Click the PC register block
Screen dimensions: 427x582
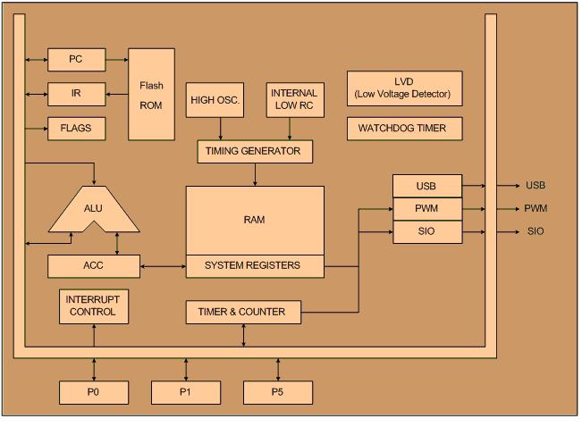76,60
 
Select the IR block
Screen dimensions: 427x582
76,93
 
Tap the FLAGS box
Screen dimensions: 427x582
76,128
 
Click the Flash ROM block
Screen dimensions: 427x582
151,93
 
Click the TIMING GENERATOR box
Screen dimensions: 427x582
255,152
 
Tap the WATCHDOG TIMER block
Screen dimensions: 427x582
404,129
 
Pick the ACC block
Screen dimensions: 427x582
93,265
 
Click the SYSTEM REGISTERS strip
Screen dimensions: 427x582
255,265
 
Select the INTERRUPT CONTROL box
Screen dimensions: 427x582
93,306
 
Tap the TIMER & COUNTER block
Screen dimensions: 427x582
242,312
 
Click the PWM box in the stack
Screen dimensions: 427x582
426,210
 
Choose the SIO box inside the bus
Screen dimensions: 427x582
426,232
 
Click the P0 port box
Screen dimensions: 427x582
93,392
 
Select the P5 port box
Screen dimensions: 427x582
278,392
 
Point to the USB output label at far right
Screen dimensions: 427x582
536,186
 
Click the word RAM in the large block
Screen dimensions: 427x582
255,218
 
